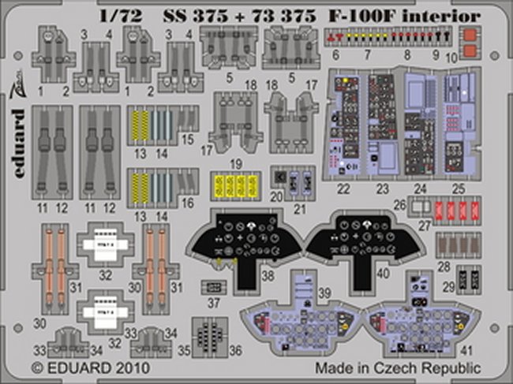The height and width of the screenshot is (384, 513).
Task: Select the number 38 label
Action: tap(268, 276)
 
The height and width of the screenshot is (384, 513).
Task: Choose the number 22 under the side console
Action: tap(342, 189)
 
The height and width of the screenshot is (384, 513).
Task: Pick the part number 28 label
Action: tap(444, 267)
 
